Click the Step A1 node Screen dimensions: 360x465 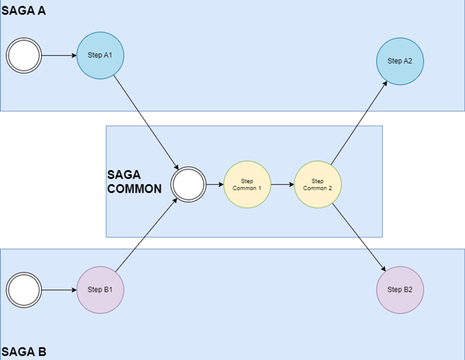coord(101,56)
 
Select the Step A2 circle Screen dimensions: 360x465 coord(400,60)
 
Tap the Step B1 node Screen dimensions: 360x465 coord(101,290)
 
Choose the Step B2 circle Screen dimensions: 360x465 coord(400,290)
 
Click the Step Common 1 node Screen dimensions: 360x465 coord(247,186)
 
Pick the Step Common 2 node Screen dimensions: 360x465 coord(318,186)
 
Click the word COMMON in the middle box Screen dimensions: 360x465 coord(136,187)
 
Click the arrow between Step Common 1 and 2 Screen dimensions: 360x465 coord(282,186)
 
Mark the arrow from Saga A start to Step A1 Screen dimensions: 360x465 coord(58,56)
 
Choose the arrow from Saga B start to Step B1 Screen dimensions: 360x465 coord(58,290)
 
